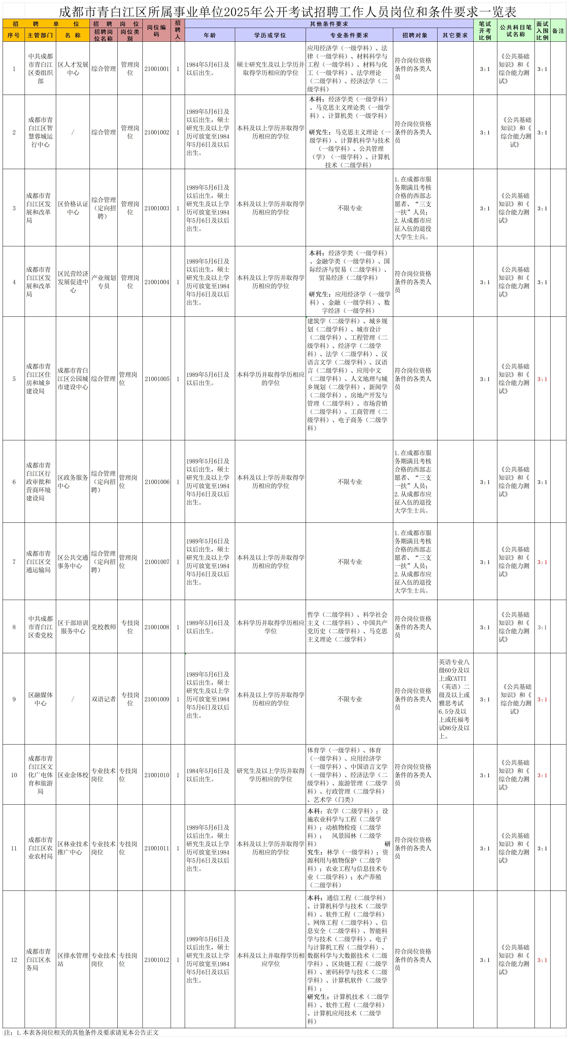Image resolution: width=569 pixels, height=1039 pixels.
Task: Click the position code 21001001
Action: point(157,69)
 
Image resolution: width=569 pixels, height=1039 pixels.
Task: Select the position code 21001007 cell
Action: point(157,562)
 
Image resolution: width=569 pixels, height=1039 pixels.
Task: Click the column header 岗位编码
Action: point(157,31)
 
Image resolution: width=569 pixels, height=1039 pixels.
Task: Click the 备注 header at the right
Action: point(558,31)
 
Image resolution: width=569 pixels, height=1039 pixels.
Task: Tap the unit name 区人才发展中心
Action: point(73,69)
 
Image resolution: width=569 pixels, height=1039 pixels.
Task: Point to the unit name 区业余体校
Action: point(73,775)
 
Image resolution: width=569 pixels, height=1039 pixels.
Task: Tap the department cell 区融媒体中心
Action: point(40,699)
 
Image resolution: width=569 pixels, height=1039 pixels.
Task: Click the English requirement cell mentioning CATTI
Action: point(455,699)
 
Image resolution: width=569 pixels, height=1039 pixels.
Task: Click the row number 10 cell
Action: point(14,775)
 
